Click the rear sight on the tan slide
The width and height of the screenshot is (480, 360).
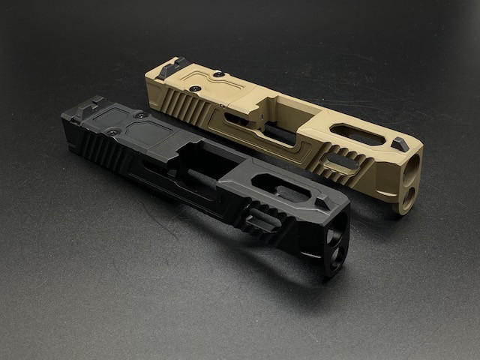[x=172, y=67]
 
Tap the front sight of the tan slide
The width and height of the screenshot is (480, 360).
[x=400, y=144]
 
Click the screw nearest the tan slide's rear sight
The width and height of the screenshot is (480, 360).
[x=217, y=75]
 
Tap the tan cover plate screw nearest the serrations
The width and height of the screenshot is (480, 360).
[x=193, y=88]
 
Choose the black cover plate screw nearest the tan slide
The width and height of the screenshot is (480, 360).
[x=139, y=115]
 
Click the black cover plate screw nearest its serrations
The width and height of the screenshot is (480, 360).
[x=112, y=132]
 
